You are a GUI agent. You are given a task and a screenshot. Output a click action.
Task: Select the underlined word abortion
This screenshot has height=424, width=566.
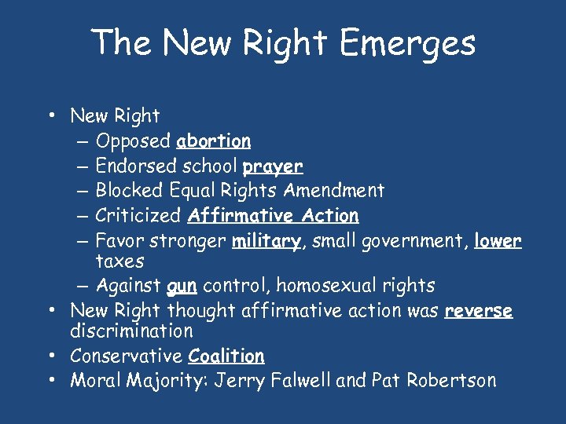(214, 141)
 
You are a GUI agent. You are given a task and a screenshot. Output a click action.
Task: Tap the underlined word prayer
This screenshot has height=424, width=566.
(273, 166)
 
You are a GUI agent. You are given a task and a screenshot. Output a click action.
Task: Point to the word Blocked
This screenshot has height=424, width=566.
(127, 190)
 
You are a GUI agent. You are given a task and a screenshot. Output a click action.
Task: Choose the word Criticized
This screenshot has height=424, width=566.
(138, 215)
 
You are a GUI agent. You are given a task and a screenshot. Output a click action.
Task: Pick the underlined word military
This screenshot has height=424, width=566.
(266, 241)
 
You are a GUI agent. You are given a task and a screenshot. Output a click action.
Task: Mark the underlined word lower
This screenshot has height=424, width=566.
(498, 241)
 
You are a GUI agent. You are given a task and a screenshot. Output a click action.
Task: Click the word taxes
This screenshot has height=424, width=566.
(120, 260)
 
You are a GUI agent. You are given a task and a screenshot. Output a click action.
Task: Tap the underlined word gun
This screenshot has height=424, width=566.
(182, 286)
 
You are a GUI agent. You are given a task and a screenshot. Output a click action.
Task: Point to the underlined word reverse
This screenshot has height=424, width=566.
(478, 311)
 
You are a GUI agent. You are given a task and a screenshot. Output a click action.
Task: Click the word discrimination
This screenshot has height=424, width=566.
(131, 331)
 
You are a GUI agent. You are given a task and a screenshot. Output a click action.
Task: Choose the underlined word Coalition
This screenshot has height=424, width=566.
(226, 356)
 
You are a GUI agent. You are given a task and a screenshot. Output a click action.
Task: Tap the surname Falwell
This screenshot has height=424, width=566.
(301, 381)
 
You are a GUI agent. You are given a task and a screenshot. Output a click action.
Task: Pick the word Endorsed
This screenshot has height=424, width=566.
(135, 166)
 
